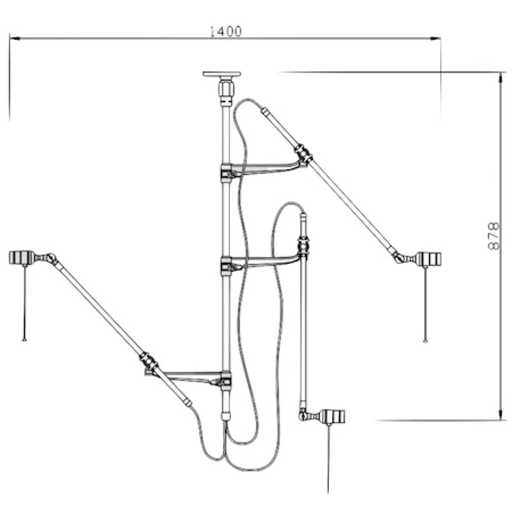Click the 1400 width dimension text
tap(225, 32)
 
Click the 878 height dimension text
tap(493, 236)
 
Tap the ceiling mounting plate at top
tap(221, 74)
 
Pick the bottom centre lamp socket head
tap(334, 416)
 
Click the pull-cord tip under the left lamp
tap(24, 339)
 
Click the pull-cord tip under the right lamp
tap(425, 340)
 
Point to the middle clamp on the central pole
tap(226, 265)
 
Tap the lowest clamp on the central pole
tap(226, 380)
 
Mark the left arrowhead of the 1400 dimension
tap(14, 39)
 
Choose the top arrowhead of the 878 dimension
tap(501, 76)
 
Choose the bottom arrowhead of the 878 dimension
tap(501, 416)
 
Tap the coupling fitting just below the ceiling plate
tap(226, 91)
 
